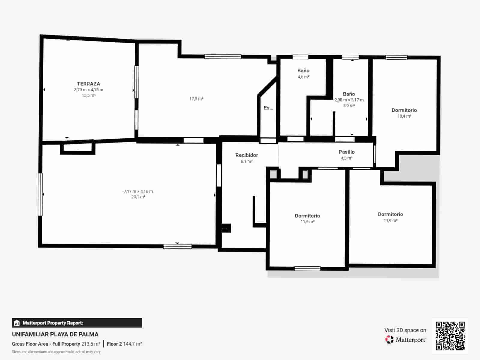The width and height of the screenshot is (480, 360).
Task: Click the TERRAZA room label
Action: pos(89,84)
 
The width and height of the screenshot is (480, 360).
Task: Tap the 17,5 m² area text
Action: pos(196,99)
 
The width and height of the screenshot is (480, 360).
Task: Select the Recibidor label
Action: pos(246,155)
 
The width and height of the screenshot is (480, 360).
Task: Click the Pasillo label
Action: pos(347,152)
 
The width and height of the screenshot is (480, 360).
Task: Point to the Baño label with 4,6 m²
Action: pos(303,70)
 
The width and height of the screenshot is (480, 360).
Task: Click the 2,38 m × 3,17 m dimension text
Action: pos(349,100)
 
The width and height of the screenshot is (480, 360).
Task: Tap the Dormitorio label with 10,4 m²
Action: pos(404,110)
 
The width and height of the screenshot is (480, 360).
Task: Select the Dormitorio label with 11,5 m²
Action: pos(307,216)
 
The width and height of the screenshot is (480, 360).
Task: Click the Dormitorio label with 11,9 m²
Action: pos(390,214)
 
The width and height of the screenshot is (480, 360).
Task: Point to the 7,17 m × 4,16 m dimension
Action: pos(138,191)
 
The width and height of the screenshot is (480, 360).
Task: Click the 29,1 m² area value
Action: pos(138,197)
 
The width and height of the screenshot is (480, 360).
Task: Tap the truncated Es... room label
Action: pos(268,108)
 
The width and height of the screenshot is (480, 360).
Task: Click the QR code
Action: pos(450,336)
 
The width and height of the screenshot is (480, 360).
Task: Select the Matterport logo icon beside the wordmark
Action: pos(389,340)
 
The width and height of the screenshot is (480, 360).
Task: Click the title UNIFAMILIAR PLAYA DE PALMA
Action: pos(55,334)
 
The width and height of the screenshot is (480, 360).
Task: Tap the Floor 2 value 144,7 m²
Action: pos(132,344)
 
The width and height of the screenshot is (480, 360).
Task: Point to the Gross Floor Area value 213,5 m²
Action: pos(91,344)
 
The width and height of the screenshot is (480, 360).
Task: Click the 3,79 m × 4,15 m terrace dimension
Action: pos(89,90)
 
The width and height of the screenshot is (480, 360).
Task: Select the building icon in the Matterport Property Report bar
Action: pos(17,323)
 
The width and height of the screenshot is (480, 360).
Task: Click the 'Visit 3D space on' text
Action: pos(405,330)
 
